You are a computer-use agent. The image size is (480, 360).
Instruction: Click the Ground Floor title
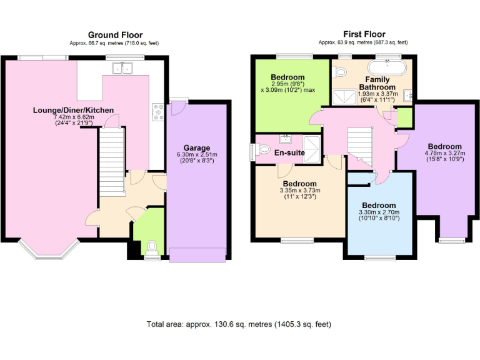tap(115, 35)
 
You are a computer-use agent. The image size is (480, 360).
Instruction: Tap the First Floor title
tap(364, 34)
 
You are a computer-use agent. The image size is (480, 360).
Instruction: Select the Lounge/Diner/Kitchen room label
tap(74, 110)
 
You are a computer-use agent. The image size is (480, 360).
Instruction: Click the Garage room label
tap(196, 148)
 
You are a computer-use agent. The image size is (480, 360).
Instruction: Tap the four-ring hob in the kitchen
tap(158, 112)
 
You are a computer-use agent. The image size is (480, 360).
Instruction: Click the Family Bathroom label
tap(377, 83)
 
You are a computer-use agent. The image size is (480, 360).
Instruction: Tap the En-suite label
tap(289, 152)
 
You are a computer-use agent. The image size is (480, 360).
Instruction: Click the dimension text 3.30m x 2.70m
tap(379, 212)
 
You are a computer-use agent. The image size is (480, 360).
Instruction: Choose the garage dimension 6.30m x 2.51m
tap(196, 155)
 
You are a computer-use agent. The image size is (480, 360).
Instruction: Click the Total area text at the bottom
tap(239, 324)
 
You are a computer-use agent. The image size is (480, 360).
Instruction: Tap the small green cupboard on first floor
tap(404, 116)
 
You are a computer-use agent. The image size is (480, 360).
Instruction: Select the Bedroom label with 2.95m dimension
tap(288, 77)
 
